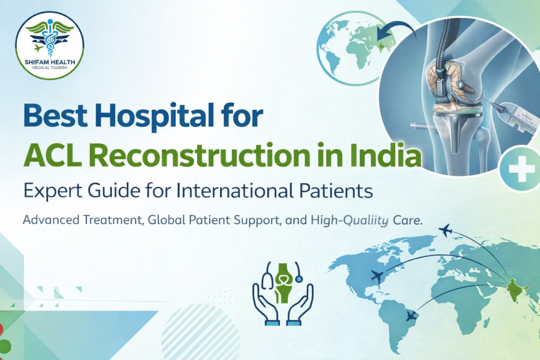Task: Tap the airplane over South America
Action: click(411, 315)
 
